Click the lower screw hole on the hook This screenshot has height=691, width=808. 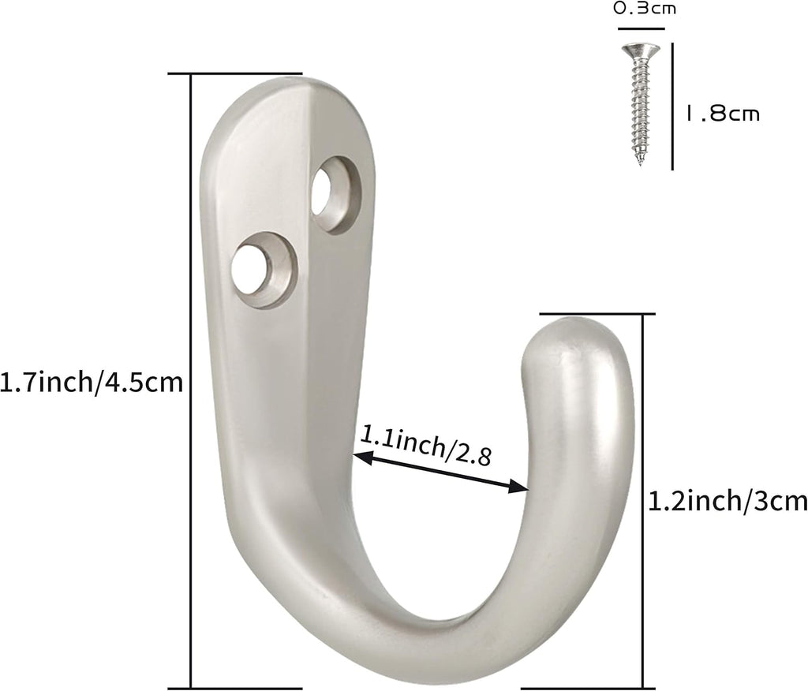coord(252,269)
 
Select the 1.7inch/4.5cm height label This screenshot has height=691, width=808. coord(92,383)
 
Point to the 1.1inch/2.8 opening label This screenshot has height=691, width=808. coord(426,445)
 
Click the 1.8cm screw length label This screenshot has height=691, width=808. coord(723,114)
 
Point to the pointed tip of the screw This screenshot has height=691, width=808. coord(640,162)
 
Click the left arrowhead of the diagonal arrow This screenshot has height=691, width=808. coord(360,456)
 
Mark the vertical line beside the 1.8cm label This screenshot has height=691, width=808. coord(672,106)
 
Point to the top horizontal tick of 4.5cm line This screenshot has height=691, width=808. coord(237,74)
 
